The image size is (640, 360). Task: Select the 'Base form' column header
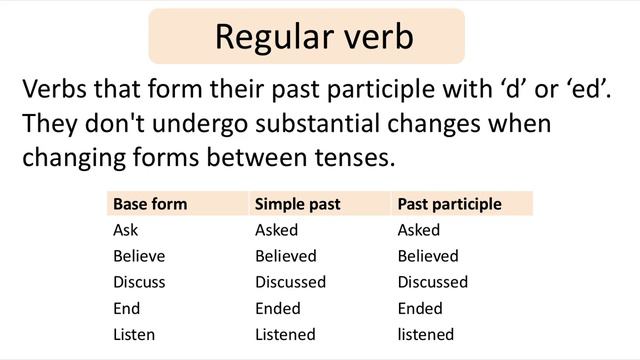coord(150,204)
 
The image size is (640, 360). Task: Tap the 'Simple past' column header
coord(297,204)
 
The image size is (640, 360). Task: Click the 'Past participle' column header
coord(449,204)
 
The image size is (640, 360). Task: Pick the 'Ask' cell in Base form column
coord(126,230)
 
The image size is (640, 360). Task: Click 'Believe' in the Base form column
coord(139,256)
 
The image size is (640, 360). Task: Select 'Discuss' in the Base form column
coord(139,282)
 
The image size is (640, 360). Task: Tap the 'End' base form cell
coord(127,308)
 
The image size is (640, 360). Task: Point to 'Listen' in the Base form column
coord(134,334)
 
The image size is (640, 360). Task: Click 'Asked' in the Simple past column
coord(277,230)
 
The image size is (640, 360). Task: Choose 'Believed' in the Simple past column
coord(285,256)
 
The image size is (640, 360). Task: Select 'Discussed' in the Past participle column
coord(432,282)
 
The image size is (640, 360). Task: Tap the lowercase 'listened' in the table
coord(425,334)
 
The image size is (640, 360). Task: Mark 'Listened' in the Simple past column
coord(285,334)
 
